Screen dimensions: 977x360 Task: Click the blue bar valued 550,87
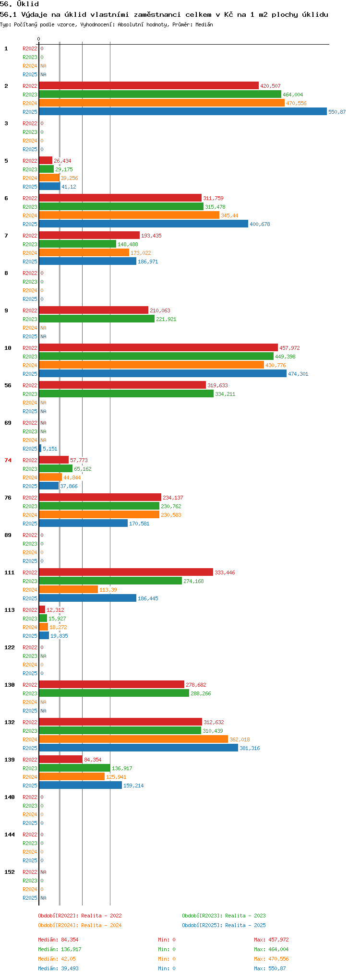point(183,112)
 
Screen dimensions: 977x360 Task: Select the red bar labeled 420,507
point(149,86)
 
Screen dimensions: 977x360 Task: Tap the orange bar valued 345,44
point(129,215)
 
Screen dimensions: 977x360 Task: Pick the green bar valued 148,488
point(78,244)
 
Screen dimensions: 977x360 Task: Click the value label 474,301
point(298,374)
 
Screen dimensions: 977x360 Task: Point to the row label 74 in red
point(8,460)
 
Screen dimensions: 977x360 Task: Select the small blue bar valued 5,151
point(40,449)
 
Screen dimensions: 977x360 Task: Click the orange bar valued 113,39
point(69,590)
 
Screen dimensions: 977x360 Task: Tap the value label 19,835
point(59,636)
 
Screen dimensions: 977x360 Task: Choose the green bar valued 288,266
point(114,693)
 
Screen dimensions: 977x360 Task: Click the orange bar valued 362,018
point(133,739)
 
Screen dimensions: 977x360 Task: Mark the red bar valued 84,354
point(61,760)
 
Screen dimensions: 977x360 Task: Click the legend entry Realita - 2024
point(80,925)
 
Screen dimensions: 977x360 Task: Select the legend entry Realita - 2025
point(224,925)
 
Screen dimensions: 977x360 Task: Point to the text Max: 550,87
point(270,968)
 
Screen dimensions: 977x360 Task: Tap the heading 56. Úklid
point(20,4)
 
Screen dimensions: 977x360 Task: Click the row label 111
point(10,572)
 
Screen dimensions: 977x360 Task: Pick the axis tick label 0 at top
point(39,39)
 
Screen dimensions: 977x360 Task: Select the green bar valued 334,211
point(126,394)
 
